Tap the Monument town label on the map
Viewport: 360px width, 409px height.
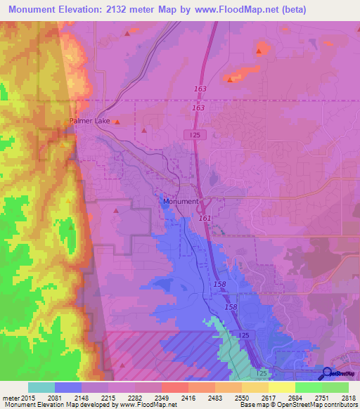pos(180,202)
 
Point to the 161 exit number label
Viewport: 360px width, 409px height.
pos(205,219)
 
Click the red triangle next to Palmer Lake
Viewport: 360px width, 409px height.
pos(117,122)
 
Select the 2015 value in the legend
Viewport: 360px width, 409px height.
pos(22,398)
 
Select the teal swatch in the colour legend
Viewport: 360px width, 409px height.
pos(41,387)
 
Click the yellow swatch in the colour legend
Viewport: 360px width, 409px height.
pos(281,387)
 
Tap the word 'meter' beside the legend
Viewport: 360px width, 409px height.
pos(9,398)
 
